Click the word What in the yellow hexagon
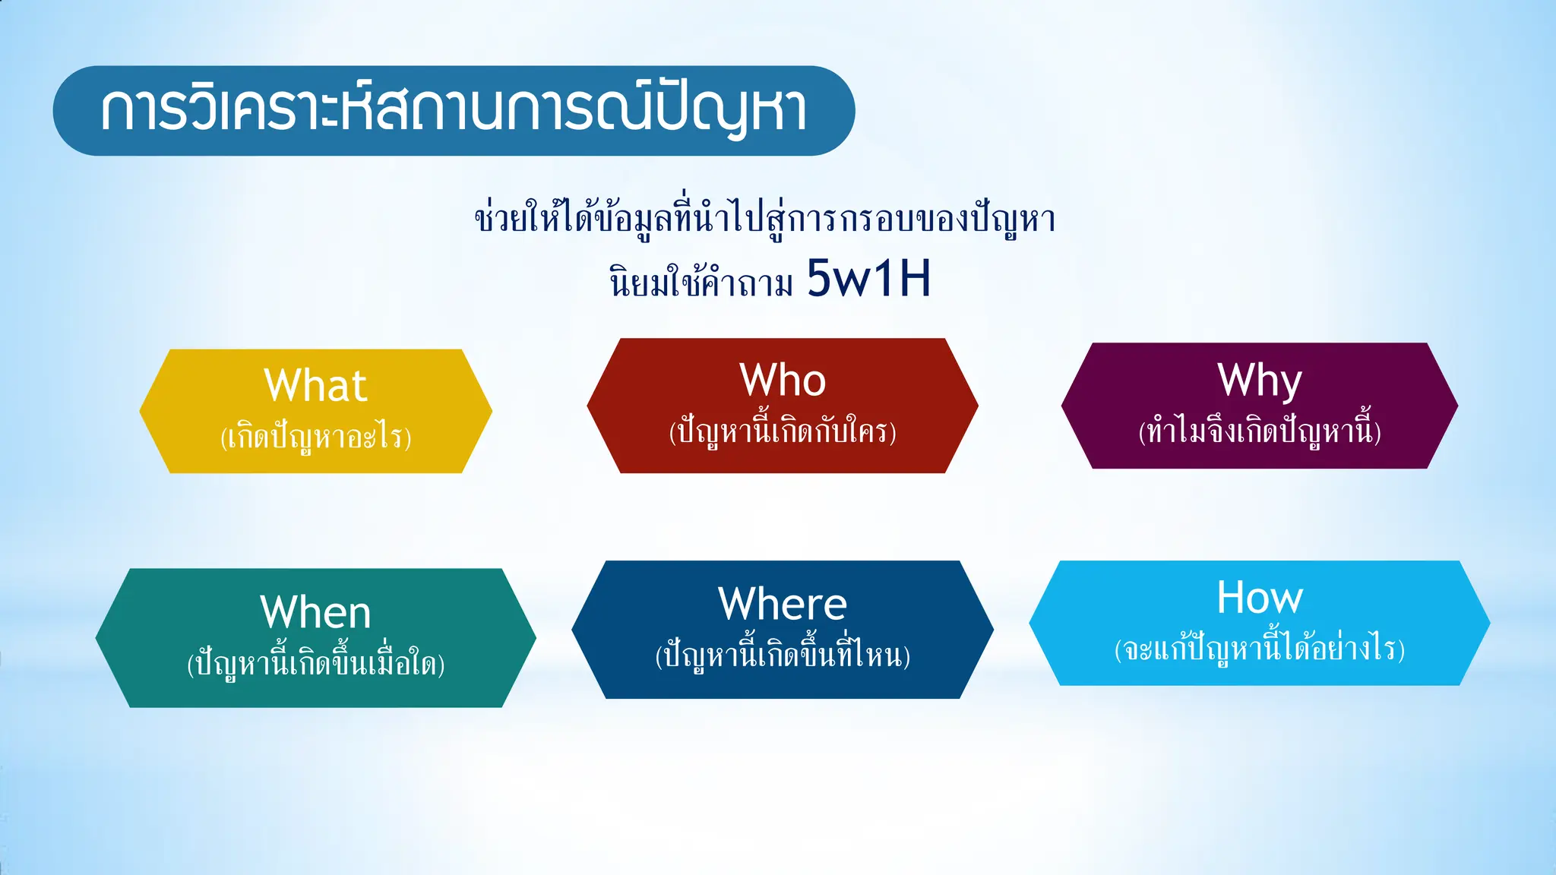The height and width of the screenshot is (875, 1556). (x=315, y=385)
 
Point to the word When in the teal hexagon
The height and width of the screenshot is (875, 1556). (x=315, y=612)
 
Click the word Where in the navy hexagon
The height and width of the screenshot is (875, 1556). (x=783, y=604)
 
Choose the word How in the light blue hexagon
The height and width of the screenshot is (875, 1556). (x=1259, y=597)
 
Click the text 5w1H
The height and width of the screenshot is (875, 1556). (x=868, y=278)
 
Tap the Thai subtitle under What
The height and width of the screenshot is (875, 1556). (x=315, y=437)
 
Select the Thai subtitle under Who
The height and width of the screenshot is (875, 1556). (x=783, y=431)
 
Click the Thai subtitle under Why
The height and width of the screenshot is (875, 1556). (x=1259, y=431)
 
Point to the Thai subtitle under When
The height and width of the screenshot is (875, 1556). (x=315, y=663)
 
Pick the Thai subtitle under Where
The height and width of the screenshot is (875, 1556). (x=783, y=655)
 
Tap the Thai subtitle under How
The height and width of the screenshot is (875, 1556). (x=1259, y=649)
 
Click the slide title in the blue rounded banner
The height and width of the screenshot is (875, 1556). (x=454, y=111)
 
